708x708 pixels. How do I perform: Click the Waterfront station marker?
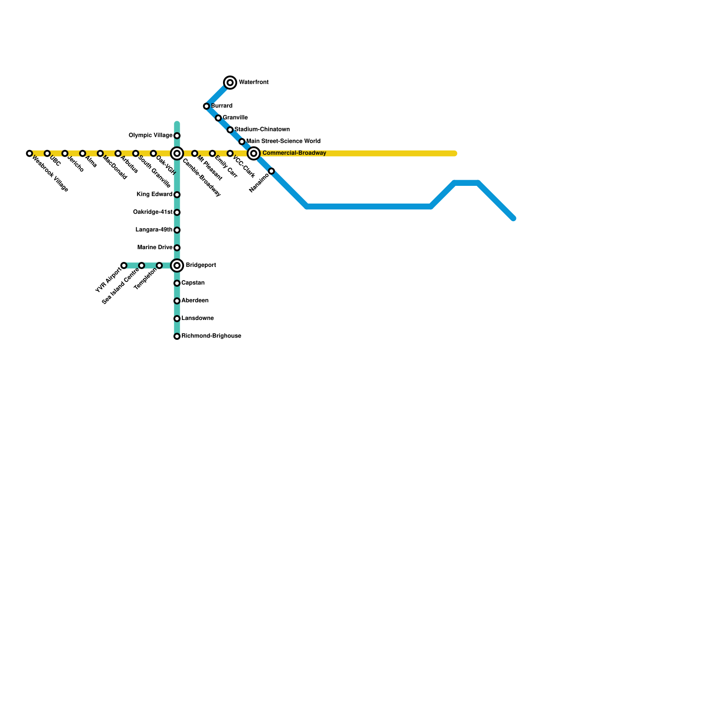pyautogui.click(x=230, y=82)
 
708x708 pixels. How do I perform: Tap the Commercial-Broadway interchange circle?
pyautogui.click(x=254, y=154)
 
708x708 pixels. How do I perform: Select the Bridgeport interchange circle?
pyautogui.click(x=177, y=265)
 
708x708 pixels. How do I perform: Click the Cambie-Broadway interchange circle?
pyautogui.click(x=177, y=154)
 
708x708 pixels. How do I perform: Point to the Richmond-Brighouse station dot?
pyautogui.click(x=177, y=336)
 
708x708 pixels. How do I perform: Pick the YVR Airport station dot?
pyautogui.click(x=124, y=265)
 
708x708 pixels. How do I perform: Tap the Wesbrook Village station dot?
pyautogui.click(x=29, y=154)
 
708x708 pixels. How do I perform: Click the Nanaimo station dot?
pyautogui.click(x=272, y=171)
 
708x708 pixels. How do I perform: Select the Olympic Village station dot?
pyautogui.click(x=177, y=135)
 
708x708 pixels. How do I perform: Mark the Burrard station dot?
pyautogui.click(x=206, y=106)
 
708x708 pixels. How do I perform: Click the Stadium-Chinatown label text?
pyautogui.click(x=262, y=130)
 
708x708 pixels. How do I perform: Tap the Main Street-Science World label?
pyautogui.click(x=283, y=142)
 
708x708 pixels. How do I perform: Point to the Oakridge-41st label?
pyautogui.click(x=153, y=212)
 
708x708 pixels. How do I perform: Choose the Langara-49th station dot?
pyautogui.click(x=177, y=230)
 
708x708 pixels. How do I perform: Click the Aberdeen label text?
pyautogui.click(x=195, y=301)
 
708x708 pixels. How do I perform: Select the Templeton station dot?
pyautogui.click(x=159, y=265)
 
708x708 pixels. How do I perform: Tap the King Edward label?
pyautogui.click(x=154, y=195)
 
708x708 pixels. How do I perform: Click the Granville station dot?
pyautogui.click(x=218, y=118)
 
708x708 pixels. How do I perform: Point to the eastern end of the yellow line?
pyautogui.click(x=454, y=154)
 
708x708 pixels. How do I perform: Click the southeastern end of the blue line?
pyautogui.click(x=513, y=218)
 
